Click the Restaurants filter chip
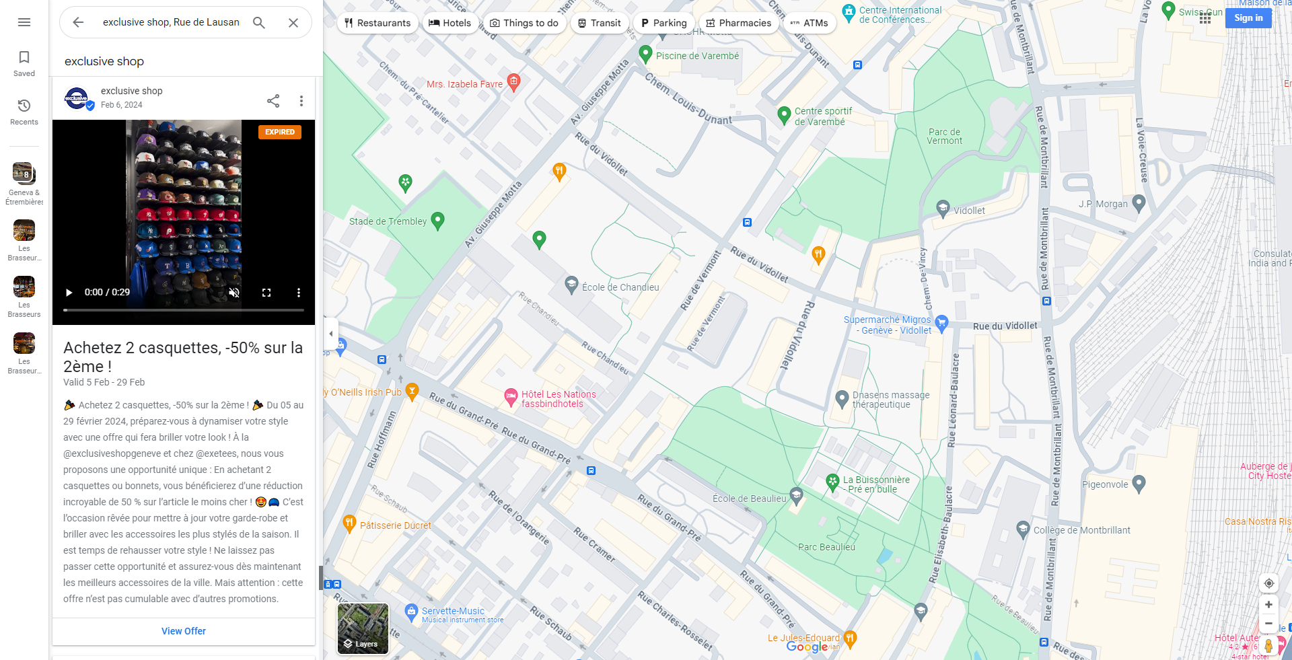[377, 23]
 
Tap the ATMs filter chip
[810, 23]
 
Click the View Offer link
[183, 631]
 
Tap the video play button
[69, 293]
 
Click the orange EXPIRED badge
[279, 132]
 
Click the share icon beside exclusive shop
[273, 101]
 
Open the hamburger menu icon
[24, 22]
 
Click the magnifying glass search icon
[259, 22]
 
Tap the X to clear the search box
[293, 22]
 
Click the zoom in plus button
[1268, 604]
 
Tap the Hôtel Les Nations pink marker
[511, 397]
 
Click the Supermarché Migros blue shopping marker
[942, 323]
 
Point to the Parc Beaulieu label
[826, 547]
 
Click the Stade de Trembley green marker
[437, 220]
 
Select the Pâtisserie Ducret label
[395, 525]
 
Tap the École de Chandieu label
[620, 287]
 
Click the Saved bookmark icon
[24, 58]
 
